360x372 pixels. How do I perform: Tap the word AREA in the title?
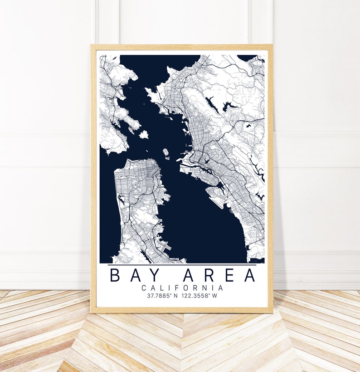(219, 275)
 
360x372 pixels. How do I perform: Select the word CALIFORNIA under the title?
(182, 288)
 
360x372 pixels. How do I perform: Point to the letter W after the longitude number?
(215, 296)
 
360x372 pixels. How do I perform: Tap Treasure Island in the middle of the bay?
(165, 152)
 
